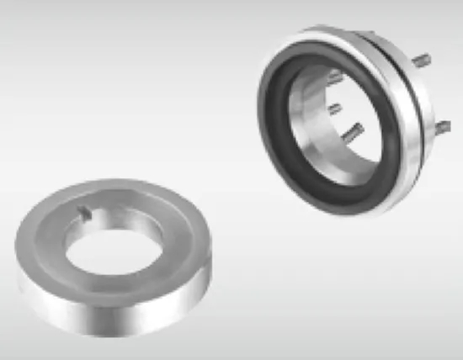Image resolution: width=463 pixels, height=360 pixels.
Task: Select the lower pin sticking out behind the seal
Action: pyautogui.click(x=439, y=126)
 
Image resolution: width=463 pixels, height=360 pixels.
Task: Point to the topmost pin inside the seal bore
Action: pyautogui.click(x=334, y=77)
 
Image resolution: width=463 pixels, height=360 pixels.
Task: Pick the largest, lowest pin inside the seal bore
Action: pyautogui.click(x=352, y=130)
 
